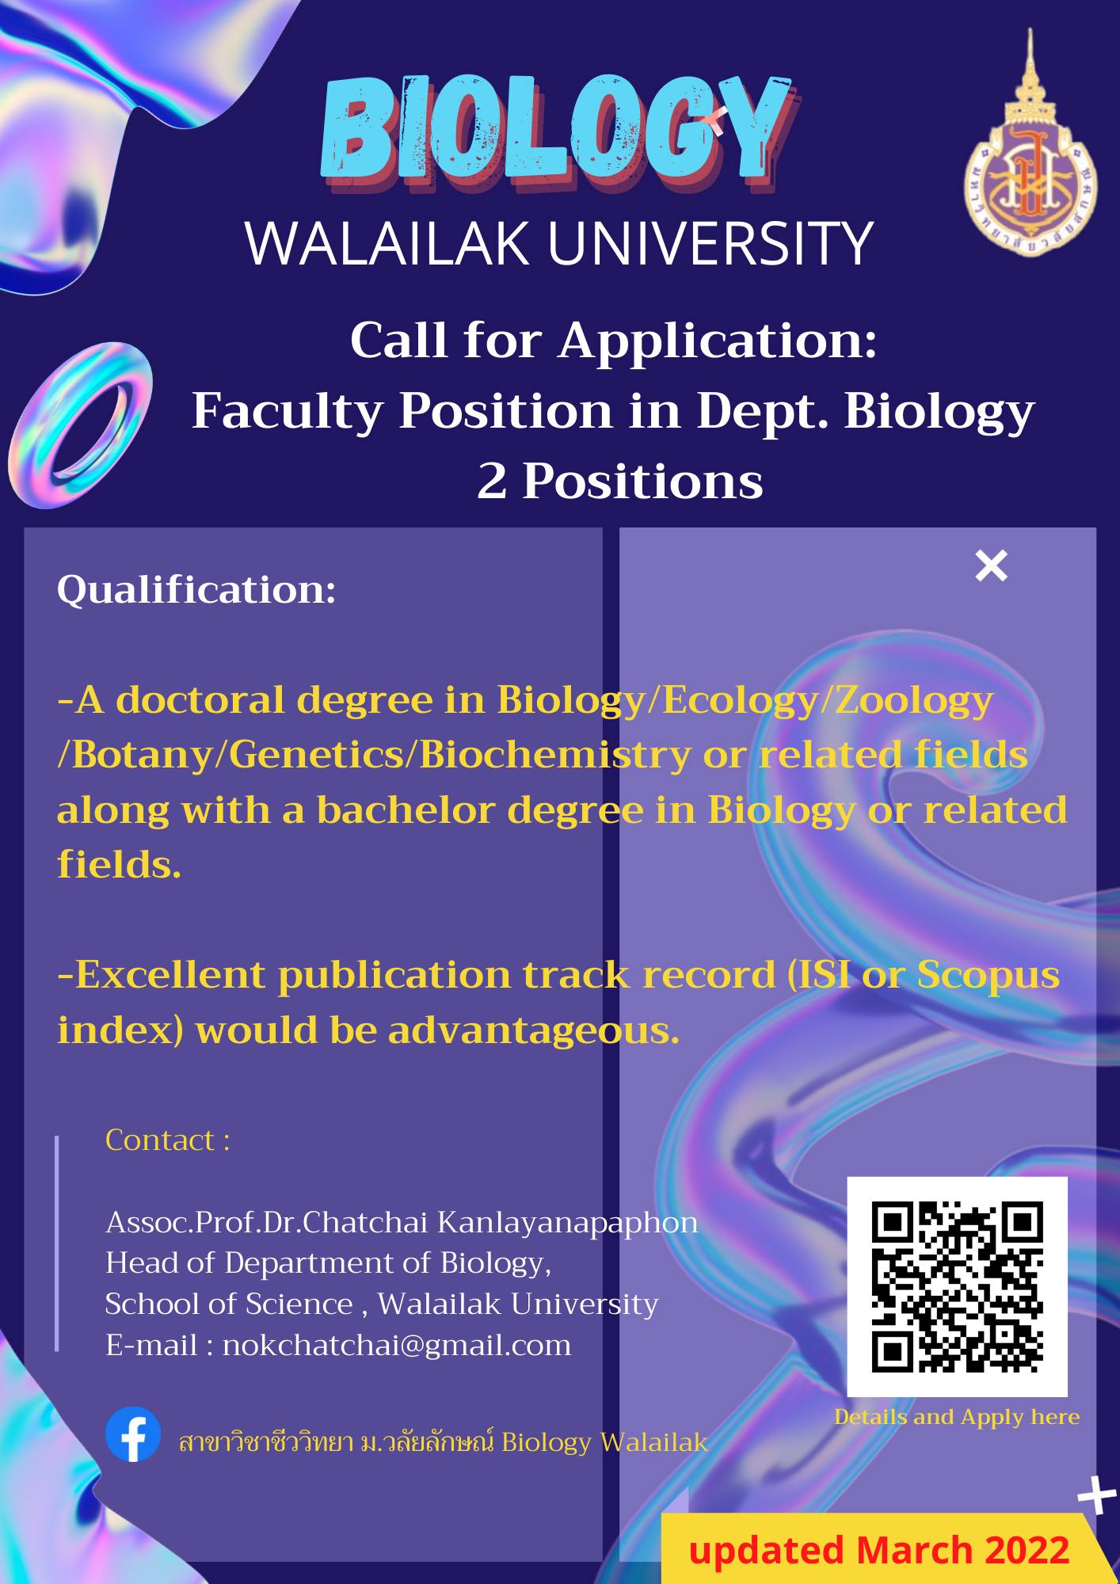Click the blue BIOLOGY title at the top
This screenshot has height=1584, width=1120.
pyautogui.click(x=556, y=131)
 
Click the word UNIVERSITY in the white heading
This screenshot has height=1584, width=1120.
pyautogui.click(x=710, y=243)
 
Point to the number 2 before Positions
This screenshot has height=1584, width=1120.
pyautogui.click(x=491, y=481)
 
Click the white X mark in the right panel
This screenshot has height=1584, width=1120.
pyautogui.click(x=991, y=565)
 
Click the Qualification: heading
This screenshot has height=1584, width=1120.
pyautogui.click(x=196, y=589)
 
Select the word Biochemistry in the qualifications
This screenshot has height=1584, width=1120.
pyautogui.click(x=554, y=755)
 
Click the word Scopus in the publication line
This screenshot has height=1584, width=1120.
pyautogui.click(x=988, y=975)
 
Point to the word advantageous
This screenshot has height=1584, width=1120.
pyautogui.click(x=534, y=1030)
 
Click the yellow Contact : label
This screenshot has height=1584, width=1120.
pyautogui.click(x=168, y=1140)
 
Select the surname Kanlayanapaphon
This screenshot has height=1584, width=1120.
pyautogui.click(x=567, y=1223)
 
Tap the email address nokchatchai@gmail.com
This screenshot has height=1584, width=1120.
pyautogui.click(x=397, y=1345)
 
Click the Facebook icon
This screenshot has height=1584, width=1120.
pyautogui.click(x=133, y=1434)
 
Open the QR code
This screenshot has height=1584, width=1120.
pyautogui.click(x=957, y=1287)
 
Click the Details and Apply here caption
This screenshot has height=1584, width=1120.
pyautogui.click(x=957, y=1417)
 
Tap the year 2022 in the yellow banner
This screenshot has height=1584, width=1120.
pyautogui.click(x=1027, y=1550)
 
